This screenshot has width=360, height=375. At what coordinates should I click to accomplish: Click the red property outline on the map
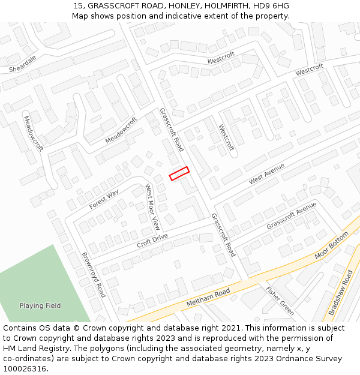(179, 173)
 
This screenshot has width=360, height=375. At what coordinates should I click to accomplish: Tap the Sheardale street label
(23, 64)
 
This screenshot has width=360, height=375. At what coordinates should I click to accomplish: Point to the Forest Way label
(104, 199)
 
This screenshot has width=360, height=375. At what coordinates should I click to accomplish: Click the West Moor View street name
(152, 207)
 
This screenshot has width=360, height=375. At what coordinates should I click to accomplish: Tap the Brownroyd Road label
(94, 275)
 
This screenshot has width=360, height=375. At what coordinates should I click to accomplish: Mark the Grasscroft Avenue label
(291, 215)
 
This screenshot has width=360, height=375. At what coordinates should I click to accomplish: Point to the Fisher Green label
(280, 301)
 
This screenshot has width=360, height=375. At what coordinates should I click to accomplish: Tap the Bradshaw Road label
(340, 292)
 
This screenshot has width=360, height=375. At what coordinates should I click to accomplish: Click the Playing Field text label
(40, 305)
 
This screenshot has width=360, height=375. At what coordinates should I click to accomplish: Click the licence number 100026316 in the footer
(25, 369)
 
